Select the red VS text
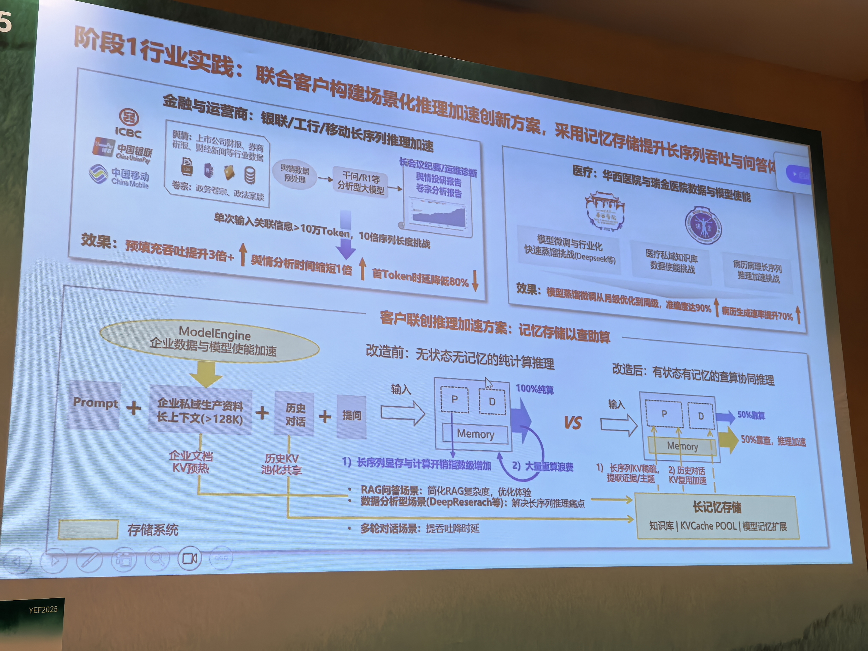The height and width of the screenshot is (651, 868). click(x=573, y=423)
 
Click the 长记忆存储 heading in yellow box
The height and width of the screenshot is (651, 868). click(x=717, y=507)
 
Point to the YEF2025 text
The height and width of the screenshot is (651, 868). click(x=43, y=609)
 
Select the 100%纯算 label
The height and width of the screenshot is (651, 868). click(x=534, y=389)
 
